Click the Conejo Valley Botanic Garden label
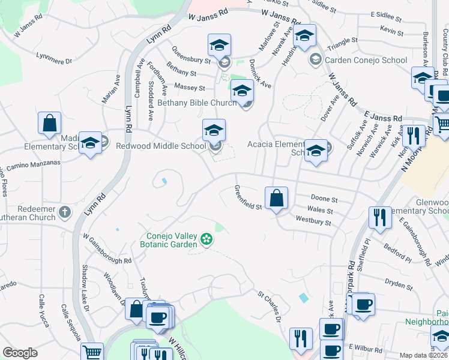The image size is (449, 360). [x=173, y=240]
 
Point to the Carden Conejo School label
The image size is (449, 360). [x=366, y=60]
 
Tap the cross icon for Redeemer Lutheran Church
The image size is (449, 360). [x=65, y=212]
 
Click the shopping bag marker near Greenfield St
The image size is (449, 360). [x=276, y=198]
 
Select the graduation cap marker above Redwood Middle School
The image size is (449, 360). [x=214, y=130]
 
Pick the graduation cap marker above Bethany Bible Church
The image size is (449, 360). [x=242, y=91]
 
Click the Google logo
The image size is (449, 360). [x=20, y=353]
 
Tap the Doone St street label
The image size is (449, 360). [x=325, y=199]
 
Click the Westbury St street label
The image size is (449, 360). [x=313, y=222]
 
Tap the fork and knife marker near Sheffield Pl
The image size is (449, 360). [x=379, y=217]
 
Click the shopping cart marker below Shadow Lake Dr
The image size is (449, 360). [x=92, y=353]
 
